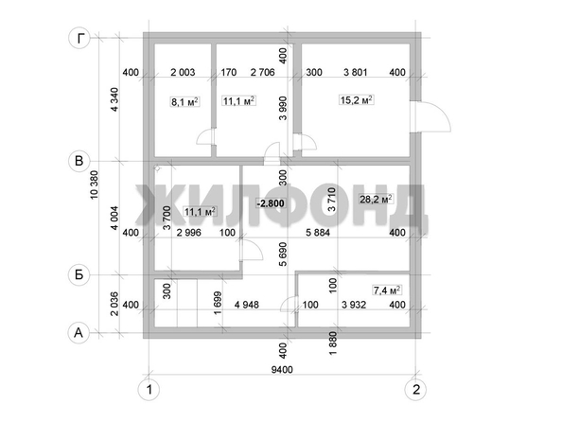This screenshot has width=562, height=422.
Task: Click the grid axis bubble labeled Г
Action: tap(79, 38)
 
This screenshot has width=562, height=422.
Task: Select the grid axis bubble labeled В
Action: tap(79, 161)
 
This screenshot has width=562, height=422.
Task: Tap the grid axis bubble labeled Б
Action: tap(79, 275)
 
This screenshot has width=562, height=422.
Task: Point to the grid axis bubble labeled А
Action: tap(79, 333)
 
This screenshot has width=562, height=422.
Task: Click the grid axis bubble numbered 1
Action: tap(149, 390)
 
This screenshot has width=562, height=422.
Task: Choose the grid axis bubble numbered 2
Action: tap(415, 390)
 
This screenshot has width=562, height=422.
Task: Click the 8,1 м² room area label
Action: tap(184, 102)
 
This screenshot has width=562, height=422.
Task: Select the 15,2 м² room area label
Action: tap(357, 99)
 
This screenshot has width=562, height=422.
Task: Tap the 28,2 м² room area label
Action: tap(376, 199)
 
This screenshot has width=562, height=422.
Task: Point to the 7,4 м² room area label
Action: tap(387, 290)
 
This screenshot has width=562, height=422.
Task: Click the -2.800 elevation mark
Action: tap(271, 203)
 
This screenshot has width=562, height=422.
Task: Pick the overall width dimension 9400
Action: tap(282, 370)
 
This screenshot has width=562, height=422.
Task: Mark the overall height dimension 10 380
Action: tap(95, 185)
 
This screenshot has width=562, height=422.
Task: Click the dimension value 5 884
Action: tap(318, 233)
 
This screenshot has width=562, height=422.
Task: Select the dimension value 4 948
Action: tap(246, 305)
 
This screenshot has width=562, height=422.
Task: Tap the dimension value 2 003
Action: tap(183, 73)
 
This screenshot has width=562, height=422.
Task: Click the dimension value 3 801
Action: tap(355, 73)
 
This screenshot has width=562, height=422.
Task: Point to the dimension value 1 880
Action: tap(333, 343)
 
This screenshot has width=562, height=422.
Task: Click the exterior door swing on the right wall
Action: tap(434, 116)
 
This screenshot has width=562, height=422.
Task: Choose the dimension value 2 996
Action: tap(189, 233)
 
